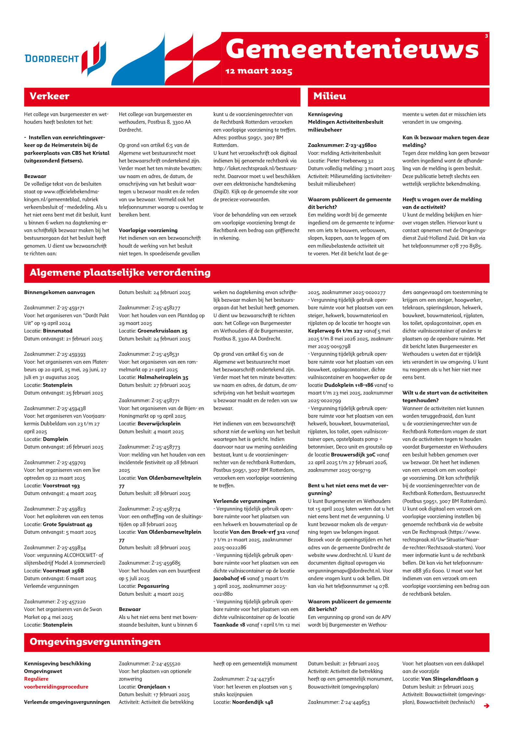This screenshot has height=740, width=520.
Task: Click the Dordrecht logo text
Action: tap(52, 59)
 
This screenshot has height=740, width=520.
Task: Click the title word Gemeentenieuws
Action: tap(352, 49)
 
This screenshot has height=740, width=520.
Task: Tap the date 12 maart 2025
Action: tap(259, 71)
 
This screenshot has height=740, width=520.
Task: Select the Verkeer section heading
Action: tap(49, 96)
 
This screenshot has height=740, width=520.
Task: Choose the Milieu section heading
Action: tap(330, 96)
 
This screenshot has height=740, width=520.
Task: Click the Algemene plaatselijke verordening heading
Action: tap(120, 272)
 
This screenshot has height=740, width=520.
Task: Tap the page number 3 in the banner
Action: tap(486, 36)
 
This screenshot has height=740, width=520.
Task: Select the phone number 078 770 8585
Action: tap(465, 246)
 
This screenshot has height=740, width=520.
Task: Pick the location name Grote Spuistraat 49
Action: tap(68, 524)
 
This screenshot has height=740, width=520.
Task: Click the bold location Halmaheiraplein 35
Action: tap(163, 377)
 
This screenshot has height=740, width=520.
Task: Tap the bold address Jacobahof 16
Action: tap(229, 578)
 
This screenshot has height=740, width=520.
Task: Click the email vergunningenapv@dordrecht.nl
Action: tap(344, 571)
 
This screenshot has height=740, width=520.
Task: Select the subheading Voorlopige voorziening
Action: tap(148, 230)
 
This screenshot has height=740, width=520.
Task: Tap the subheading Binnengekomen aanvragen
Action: tap(59, 292)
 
